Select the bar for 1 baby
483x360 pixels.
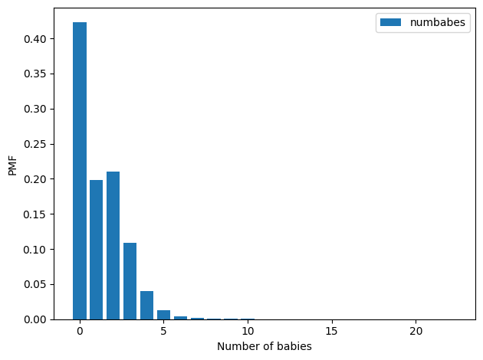97,250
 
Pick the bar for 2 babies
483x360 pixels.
113,245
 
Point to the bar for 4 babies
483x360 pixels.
146,305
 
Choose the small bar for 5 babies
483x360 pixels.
163,315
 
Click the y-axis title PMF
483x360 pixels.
13,164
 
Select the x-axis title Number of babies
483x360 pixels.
264,346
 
